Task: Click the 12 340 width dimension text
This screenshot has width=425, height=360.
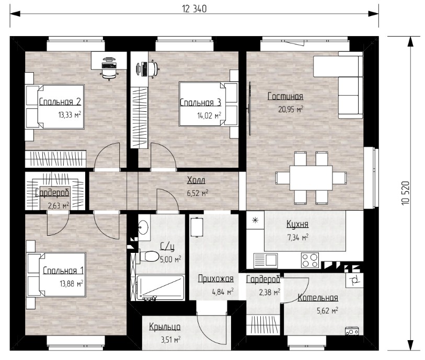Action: pos(194,9)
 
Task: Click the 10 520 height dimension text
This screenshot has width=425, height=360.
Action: pos(405,193)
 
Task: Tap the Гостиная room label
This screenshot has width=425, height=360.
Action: pos(285,96)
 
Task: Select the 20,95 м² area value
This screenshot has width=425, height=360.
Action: pos(291,109)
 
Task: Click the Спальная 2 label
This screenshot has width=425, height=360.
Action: pos(60,101)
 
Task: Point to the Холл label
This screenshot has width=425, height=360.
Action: pos(196,180)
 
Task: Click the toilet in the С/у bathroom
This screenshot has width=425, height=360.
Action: pos(150,256)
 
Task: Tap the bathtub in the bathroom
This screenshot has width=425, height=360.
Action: pos(160,288)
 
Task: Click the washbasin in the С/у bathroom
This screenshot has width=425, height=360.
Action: pos(143,227)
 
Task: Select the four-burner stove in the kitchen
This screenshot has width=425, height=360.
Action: pos(310,260)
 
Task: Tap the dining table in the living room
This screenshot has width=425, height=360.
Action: pos(311,178)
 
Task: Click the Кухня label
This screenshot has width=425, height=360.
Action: pos(297,224)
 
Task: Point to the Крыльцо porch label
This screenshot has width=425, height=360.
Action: pos(165,327)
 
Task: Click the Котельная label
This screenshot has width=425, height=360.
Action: pos(318,298)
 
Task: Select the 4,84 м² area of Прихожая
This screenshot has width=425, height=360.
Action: pos(223,292)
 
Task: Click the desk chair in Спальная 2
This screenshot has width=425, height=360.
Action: pos(110,74)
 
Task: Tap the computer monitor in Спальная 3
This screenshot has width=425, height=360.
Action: pos(139,69)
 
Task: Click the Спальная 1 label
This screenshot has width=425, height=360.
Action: pos(63,271)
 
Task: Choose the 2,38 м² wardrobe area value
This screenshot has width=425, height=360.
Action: pos(269,292)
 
